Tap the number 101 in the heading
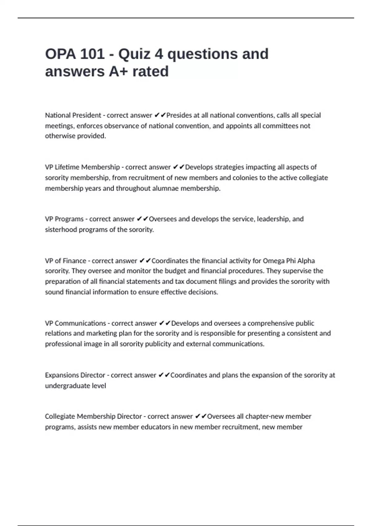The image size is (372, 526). [92, 54]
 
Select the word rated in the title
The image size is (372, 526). [150, 71]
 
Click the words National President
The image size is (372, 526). [73, 115]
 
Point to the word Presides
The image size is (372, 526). [179, 115]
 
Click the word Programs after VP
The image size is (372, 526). [69, 219]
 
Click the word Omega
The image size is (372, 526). [273, 261]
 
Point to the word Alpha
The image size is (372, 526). [306, 261]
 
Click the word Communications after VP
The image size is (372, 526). [80, 323]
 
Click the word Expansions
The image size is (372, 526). [60, 375]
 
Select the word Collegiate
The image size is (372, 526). [60, 416]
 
